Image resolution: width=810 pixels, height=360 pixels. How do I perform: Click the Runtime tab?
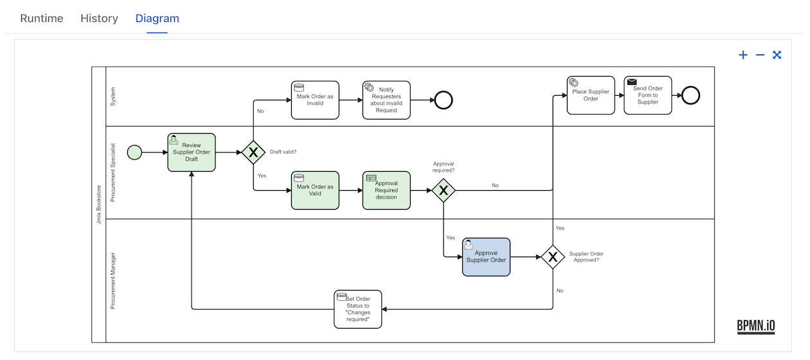click(x=42, y=18)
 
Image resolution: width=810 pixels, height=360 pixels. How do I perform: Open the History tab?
click(x=99, y=18)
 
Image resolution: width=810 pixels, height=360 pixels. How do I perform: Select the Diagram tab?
click(x=157, y=18)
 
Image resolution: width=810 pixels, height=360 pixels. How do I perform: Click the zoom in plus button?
click(x=743, y=55)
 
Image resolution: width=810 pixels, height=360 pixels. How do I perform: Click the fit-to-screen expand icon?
click(x=777, y=55)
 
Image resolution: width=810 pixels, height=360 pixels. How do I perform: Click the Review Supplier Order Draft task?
click(x=192, y=152)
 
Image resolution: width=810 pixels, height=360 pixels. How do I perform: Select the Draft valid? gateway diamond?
click(x=253, y=152)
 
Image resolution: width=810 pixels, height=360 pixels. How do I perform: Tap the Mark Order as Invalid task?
click(x=315, y=100)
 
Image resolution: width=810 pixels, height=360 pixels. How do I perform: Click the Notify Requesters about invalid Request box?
click(x=386, y=100)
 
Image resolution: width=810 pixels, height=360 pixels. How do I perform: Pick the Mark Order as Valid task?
click(x=315, y=190)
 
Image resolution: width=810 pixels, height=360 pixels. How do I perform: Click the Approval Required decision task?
click(x=386, y=190)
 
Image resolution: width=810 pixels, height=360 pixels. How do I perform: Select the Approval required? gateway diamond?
click(x=444, y=190)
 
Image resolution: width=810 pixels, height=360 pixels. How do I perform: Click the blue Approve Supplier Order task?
click(x=486, y=257)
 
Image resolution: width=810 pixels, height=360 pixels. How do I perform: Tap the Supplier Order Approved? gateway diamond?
click(x=552, y=257)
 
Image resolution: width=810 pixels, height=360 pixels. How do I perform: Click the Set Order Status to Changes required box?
click(x=357, y=309)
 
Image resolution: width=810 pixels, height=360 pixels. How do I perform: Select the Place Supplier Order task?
click(x=591, y=95)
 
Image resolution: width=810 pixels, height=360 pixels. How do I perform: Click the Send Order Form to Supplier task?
click(x=647, y=95)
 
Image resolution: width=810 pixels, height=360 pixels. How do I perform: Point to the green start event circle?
click(x=134, y=152)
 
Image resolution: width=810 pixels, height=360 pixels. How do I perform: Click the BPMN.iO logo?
click(x=756, y=327)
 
